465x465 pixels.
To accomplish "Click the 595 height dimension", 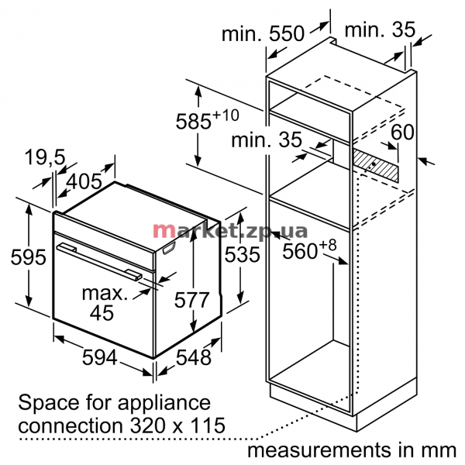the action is point(29,257).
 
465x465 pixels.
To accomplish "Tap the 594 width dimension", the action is point(100,356).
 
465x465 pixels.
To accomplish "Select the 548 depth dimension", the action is point(194,356).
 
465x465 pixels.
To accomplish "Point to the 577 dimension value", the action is point(192,300).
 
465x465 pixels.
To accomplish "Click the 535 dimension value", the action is point(242,254).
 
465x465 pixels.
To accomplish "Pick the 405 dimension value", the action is point(84,181).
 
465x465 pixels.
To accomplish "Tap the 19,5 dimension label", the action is point(45,157).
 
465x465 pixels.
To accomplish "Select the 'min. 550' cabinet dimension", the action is point(263,33).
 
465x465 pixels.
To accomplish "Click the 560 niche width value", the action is point(309,250).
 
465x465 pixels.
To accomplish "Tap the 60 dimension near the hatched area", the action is point(402,132).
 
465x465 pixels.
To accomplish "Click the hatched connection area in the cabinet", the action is point(375,165).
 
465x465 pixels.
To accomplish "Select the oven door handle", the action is point(99,261).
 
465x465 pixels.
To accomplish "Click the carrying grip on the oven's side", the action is point(169,248).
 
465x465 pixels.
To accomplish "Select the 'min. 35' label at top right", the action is point(380,29).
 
